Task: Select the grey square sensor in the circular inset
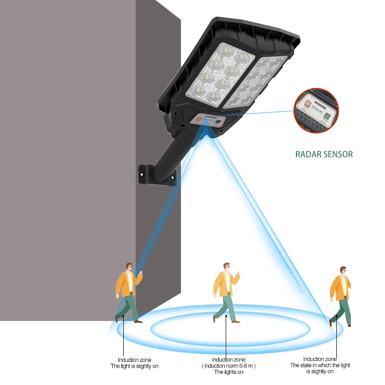[328, 116]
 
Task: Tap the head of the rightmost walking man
[343, 270]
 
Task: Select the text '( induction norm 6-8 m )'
[229, 366]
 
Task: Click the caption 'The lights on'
[229, 372]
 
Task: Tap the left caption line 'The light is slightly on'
[134, 366]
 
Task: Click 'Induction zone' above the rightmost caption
[320, 359]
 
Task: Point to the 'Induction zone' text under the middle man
[229, 359]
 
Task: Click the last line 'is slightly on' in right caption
[320, 372]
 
